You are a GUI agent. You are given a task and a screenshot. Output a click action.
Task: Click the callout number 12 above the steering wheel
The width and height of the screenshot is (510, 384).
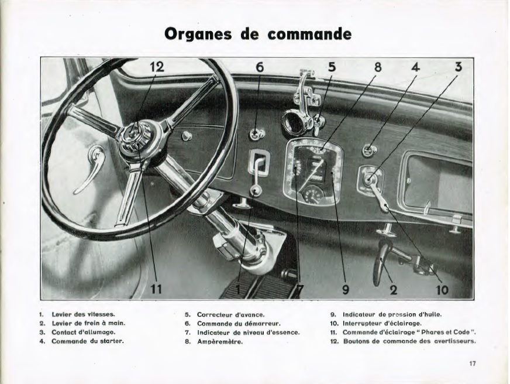[x=156, y=67]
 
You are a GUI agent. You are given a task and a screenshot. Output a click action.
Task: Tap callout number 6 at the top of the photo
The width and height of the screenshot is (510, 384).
[x=260, y=67]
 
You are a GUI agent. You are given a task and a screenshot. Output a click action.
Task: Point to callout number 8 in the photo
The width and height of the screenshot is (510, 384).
[x=378, y=67]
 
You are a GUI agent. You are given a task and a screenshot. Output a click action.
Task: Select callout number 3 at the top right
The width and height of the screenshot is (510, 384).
[x=459, y=67]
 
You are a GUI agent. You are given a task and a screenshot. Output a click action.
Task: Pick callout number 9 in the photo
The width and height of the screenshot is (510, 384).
[x=345, y=289]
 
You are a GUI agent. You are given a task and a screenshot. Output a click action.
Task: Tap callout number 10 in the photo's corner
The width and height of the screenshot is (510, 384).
[x=442, y=289]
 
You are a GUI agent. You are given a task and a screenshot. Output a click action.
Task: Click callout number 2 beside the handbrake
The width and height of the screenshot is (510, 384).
[x=394, y=289]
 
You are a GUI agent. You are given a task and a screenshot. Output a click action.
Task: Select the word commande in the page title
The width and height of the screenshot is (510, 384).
[x=310, y=34]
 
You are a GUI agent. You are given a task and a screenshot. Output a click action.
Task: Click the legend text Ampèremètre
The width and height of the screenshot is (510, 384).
[x=220, y=341]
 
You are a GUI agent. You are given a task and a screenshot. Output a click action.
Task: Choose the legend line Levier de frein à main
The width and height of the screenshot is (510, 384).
[x=88, y=323]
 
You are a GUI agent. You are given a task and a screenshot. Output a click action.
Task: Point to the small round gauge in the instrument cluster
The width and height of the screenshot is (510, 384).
[x=314, y=194]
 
